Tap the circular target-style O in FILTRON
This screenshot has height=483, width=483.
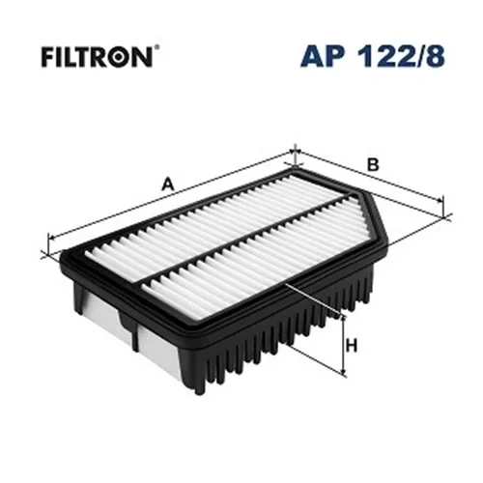click(119, 58)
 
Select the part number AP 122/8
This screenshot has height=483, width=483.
click(373, 56)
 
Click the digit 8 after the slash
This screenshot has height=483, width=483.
click(436, 56)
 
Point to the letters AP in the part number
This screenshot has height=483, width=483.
click(326, 57)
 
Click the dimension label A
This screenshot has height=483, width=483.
click(168, 185)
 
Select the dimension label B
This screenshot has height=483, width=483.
click(373, 165)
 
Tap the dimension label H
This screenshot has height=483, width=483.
click(352, 346)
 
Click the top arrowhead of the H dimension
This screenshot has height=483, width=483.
click(344, 320)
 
